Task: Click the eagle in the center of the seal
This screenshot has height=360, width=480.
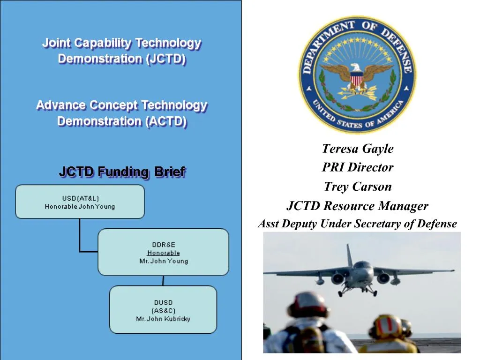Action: pyautogui.click(x=357, y=75)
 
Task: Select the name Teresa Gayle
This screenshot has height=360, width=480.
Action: pyautogui.click(x=357, y=149)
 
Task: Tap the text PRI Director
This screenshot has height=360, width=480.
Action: pyautogui.click(x=357, y=167)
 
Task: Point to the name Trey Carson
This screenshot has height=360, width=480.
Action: pyautogui.click(x=357, y=187)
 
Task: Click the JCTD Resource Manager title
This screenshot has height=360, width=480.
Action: pyautogui.click(x=357, y=206)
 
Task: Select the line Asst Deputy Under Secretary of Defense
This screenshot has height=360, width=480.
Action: pyautogui.click(x=357, y=224)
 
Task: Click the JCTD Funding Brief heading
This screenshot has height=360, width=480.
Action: pyautogui.click(x=122, y=172)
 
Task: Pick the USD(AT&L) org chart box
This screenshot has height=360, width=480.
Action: pyautogui.click(x=80, y=202)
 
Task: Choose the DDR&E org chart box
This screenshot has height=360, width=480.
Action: pyautogui.click(x=163, y=252)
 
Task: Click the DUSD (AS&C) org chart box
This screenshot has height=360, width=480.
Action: pyautogui.click(x=163, y=310)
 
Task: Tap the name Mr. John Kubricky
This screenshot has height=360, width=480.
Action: pyautogui.click(x=163, y=319)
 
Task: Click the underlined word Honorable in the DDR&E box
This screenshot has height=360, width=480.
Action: pyautogui.click(x=163, y=253)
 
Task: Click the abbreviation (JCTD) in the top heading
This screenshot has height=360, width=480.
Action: pyautogui.click(x=166, y=59)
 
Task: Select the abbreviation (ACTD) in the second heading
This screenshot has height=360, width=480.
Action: pyautogui.click(x=166, y=121)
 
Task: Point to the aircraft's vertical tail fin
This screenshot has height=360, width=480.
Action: pyautogui.click(x=349, y=255)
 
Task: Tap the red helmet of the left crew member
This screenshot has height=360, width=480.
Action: pyautogui.click(x=307, y=305)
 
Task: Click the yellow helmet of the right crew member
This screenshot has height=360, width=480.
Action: pyautogui.click(x=387, y=326)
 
